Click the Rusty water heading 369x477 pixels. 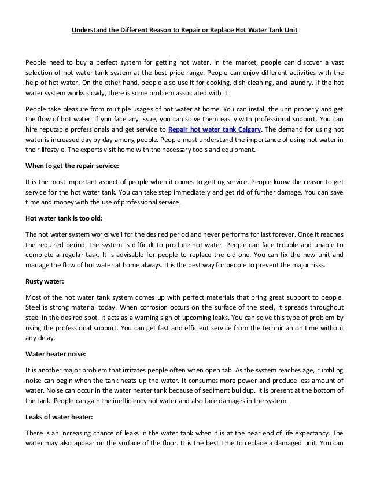coord(45,282)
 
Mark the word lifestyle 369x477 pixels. coord(56,150)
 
